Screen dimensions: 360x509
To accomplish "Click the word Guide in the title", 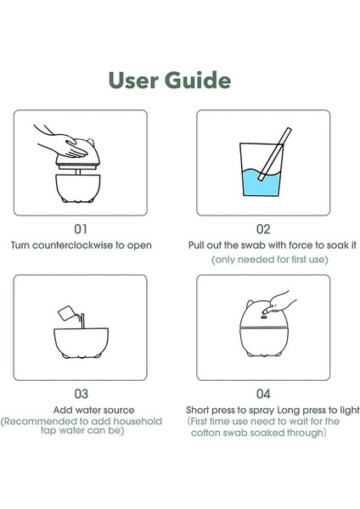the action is point(198,81).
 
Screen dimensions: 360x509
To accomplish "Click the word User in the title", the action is point(133,81).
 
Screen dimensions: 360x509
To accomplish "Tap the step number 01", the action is point(81,229).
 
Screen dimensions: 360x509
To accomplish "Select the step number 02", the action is point(263,229).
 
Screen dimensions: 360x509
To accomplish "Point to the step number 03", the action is point(81,394).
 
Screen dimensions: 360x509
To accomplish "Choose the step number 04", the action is point(263,394).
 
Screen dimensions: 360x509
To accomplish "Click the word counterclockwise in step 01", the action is point(73,245).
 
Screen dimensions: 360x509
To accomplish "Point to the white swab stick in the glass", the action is point(275,154).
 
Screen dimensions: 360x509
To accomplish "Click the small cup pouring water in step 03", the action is point(66,313).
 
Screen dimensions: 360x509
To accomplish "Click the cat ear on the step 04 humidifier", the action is point(250,305).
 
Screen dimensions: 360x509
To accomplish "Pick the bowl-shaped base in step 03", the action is point(81,343).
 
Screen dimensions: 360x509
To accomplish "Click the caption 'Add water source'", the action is point(93,410).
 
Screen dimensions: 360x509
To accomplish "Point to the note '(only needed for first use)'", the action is point(270,260).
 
